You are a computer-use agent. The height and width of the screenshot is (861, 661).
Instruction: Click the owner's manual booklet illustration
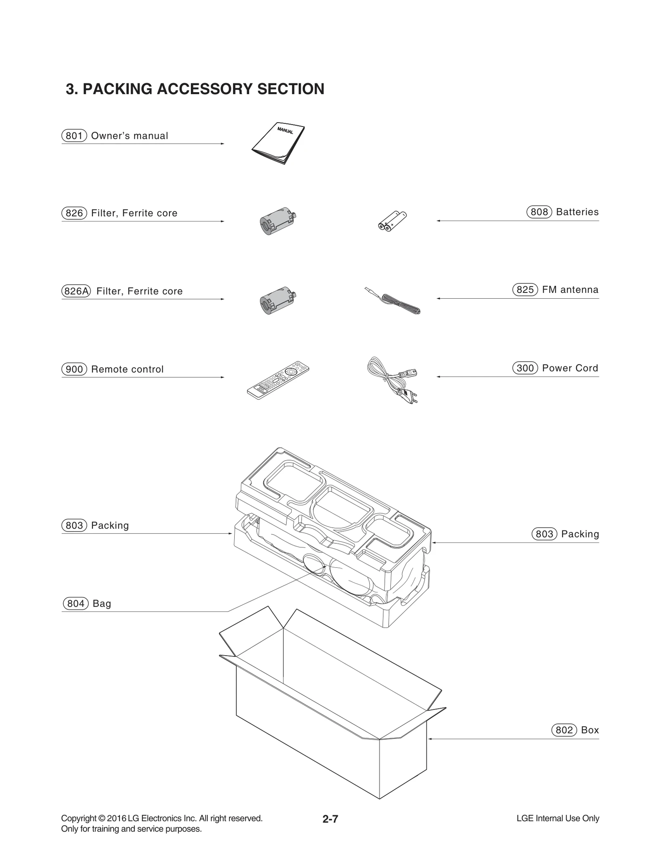click(278, 143)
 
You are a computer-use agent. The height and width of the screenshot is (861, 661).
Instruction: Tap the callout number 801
click(74, 136)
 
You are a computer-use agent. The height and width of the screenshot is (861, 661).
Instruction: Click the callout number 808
click(539, 212)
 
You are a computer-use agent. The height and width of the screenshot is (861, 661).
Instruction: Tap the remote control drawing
click(278, 380)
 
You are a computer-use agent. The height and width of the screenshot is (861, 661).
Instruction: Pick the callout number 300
click(525, 368)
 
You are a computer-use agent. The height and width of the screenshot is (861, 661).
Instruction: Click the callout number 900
click(74, 369)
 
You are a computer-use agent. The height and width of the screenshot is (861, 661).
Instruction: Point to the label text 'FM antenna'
click(570, 290)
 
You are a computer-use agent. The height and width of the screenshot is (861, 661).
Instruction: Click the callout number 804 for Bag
click(76, 604)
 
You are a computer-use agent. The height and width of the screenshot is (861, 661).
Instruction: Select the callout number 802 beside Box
click(564, 730)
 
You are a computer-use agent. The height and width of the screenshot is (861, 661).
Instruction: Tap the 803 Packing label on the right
click(565, 534)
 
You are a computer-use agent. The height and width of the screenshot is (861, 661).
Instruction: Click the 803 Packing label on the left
click(95, 526)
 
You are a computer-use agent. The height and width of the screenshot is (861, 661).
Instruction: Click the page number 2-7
click(330, 819)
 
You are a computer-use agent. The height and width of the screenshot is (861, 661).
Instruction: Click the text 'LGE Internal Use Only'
click(558, 818)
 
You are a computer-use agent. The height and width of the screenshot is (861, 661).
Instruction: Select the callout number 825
click(525, 290)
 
